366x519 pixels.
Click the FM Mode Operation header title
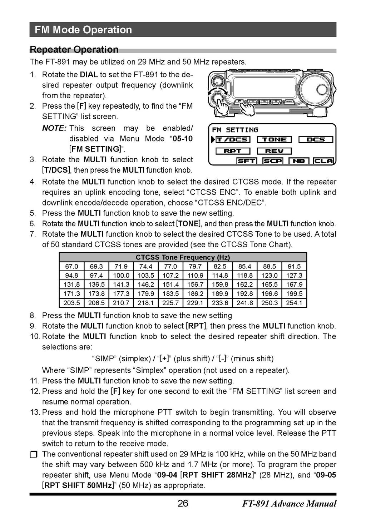[83, 30]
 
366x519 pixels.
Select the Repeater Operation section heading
[74, 50]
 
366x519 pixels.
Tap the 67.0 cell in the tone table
[71, 267]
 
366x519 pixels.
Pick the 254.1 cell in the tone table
[295, 303]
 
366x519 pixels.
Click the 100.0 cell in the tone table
[121, 276]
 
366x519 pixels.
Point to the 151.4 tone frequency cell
[170, 285]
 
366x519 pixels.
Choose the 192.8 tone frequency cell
[245, 294]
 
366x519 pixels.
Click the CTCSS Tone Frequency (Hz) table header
[183, 257]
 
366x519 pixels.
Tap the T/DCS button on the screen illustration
[233, 140]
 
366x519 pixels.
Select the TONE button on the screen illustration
[274, 140]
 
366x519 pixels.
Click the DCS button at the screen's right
[316, 140]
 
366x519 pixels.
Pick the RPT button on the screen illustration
[233, 151]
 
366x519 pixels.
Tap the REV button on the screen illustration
[274, 151]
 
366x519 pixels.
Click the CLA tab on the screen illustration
[324, 161]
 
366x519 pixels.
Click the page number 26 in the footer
[183, 504]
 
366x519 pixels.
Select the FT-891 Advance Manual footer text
[289, 504]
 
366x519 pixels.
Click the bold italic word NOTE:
[54, 128]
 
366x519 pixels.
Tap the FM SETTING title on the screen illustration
[235, 130]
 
